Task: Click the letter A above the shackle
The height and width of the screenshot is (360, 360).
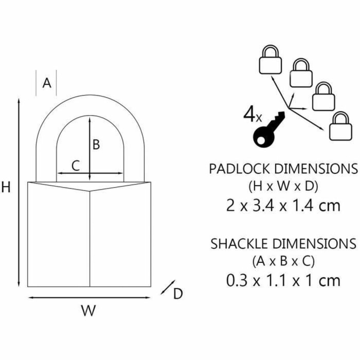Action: coord(47,83)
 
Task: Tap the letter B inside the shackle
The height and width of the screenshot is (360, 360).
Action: coord(96,145)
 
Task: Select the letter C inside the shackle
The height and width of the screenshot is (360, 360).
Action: coord(76,166)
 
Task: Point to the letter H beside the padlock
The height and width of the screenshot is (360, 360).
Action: coord(6,187)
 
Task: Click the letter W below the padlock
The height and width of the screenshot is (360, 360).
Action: coord(88,311)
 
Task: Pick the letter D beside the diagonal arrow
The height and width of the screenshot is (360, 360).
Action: coord(178,294)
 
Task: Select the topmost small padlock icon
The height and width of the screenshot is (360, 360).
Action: coord(271,59)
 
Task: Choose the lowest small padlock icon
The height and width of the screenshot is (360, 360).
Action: coord(340,126)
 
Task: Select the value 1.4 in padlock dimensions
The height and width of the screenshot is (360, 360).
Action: coord(303,206)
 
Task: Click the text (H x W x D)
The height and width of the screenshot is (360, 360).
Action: coord(283,186)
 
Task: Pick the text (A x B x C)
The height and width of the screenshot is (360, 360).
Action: coord(283,261)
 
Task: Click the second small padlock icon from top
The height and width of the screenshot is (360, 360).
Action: coord(301,73)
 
